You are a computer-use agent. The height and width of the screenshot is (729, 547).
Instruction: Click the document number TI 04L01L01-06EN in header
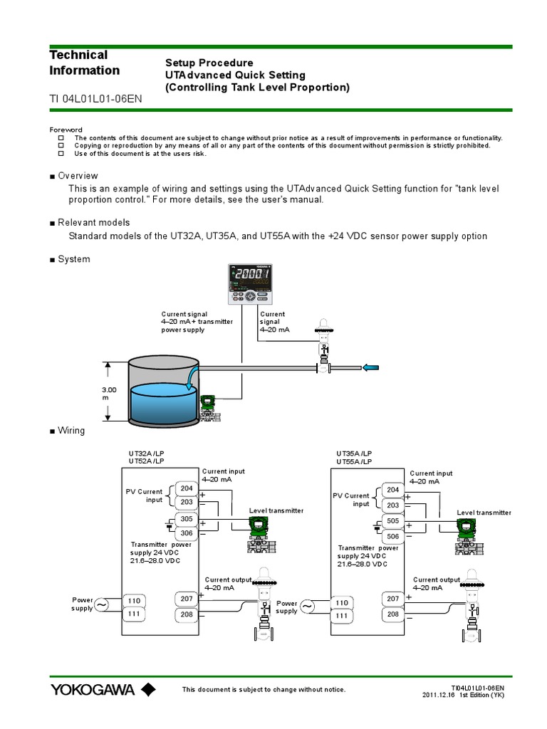click(95, 99)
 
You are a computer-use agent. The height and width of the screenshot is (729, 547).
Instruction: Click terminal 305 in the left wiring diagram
click(187, 519)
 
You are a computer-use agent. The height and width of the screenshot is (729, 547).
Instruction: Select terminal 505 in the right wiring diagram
click(392, 520)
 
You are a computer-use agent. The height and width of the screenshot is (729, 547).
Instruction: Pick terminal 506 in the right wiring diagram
click(392, 535)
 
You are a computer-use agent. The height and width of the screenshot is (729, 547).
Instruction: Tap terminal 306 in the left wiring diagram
click(187, 534)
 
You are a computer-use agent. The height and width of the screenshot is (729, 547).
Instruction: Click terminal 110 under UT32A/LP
click(134, 601)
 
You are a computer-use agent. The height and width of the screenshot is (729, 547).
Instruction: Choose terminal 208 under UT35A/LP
click(392, 614)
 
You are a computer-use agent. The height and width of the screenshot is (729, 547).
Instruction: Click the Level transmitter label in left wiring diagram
click(276, 510)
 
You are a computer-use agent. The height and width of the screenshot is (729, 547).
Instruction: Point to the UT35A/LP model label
click(354, 453)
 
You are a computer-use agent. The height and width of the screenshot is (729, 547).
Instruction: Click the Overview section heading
click(78, 176)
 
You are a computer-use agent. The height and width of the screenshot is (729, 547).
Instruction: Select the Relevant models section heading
click(93, 223)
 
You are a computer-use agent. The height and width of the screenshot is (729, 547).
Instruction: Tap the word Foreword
click(66, 130)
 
